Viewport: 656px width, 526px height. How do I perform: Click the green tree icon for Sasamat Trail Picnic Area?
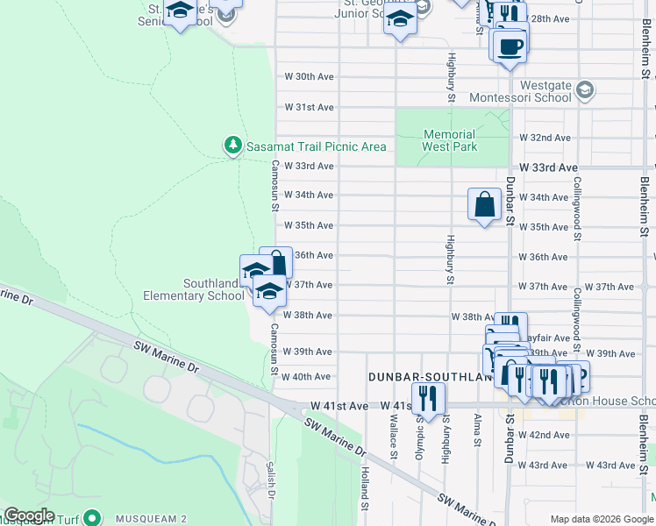click(x=232, y=145)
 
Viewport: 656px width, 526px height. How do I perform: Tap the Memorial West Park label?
click(x=450, y=140)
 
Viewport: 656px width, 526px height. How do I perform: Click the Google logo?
click(x=29, y=515)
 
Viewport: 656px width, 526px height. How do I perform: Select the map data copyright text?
click(x=602, y=519)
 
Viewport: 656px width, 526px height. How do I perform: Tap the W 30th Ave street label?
click(x=310, y=77)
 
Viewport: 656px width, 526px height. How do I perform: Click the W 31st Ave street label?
click(x=310, y=107)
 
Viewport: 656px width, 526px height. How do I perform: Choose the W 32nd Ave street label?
click(x=545, y=138)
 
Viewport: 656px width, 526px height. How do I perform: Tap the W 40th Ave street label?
click(x=310, y=376)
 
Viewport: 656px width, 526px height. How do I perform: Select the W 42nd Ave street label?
click(x=545, y=435)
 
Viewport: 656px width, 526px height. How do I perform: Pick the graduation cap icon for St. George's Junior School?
click(x=399, y=18)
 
